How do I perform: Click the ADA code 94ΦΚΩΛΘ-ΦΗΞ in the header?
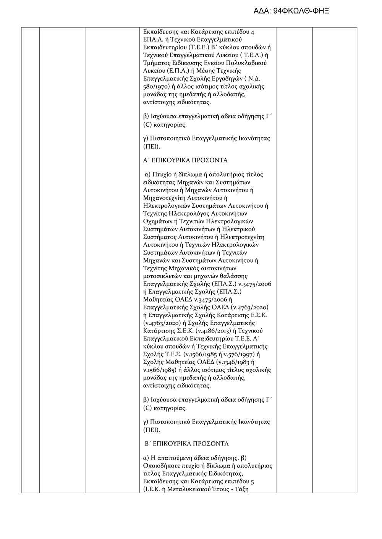(301, 11)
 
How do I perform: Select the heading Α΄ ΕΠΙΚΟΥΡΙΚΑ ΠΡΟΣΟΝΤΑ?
(185, 160)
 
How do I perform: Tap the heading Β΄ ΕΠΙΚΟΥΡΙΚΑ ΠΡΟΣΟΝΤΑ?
(186, 444)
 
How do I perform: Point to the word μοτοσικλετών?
(162, 276)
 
